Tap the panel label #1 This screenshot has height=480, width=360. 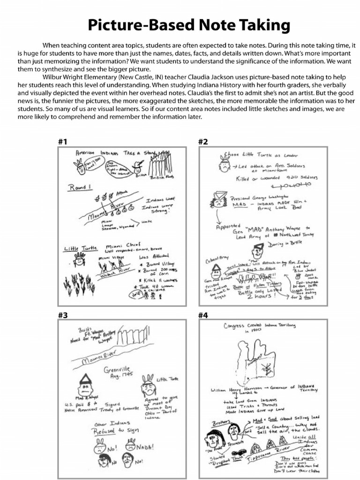63,141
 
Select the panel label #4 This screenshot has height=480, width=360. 203,315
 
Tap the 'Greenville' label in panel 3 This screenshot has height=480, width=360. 117,370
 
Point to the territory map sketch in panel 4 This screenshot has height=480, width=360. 254,361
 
